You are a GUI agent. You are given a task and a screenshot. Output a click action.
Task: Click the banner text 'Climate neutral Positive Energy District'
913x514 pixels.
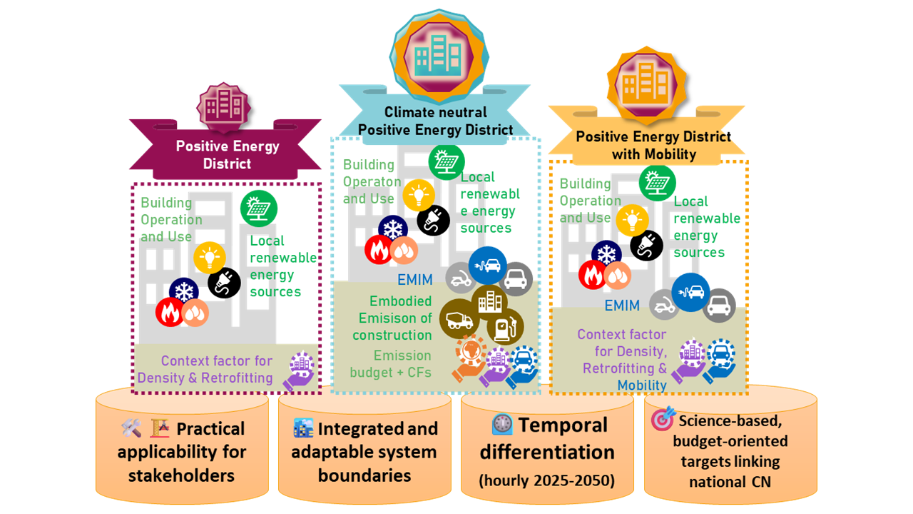(435, 121)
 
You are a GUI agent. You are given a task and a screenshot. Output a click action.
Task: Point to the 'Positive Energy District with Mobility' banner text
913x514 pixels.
(653, 145)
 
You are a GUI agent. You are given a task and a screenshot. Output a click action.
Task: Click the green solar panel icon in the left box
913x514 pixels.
(259, 209)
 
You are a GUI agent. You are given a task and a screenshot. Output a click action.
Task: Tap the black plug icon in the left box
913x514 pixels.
(224, 283)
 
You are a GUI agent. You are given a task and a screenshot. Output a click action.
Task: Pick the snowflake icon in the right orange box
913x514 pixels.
(606, 255)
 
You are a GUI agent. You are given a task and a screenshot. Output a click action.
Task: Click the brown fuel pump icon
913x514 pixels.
(506, 328)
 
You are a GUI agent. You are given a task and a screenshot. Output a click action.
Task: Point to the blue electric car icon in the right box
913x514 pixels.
(690, 292)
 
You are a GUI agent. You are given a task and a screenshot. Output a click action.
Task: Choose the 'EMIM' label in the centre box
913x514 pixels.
(415, 279)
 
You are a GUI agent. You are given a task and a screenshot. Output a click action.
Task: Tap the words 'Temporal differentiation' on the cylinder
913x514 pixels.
(547, 438)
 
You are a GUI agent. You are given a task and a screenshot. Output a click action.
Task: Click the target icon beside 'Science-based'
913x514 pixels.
(663, 419)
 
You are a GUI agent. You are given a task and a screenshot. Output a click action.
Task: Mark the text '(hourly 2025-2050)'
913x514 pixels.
(547, 479)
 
